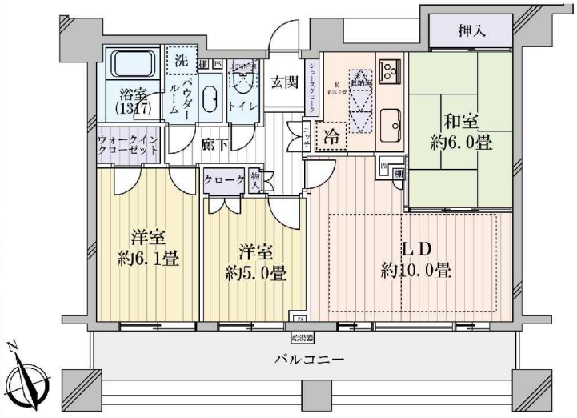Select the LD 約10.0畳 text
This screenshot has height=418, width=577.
415,259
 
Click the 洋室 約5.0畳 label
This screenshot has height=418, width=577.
256,261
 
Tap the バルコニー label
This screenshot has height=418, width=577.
311,360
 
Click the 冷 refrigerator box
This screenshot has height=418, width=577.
331,136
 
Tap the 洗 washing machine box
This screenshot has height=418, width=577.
180,60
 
